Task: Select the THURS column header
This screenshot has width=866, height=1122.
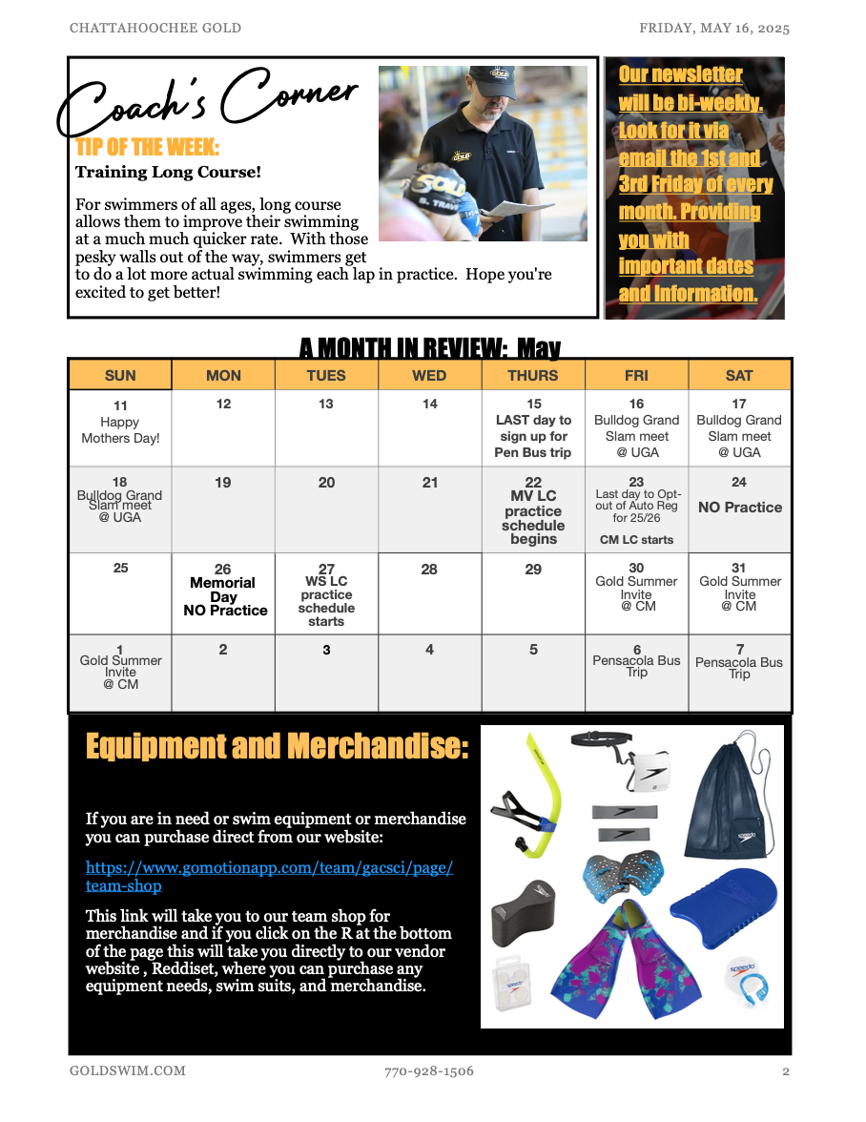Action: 533,376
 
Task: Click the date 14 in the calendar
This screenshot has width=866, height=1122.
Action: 430,405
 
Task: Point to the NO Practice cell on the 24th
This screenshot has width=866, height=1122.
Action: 739,508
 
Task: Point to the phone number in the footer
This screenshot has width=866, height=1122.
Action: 429,1071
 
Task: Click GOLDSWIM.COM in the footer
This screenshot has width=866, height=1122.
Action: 128,1071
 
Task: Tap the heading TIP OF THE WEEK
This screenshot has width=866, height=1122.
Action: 147,148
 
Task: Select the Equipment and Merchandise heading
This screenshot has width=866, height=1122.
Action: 277,746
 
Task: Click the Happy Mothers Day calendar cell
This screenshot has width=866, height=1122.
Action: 120,426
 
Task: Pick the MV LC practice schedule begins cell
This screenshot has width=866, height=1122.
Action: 533,511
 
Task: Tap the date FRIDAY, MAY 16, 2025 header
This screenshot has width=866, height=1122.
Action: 714,28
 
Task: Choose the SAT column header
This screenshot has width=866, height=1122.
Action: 739,376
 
